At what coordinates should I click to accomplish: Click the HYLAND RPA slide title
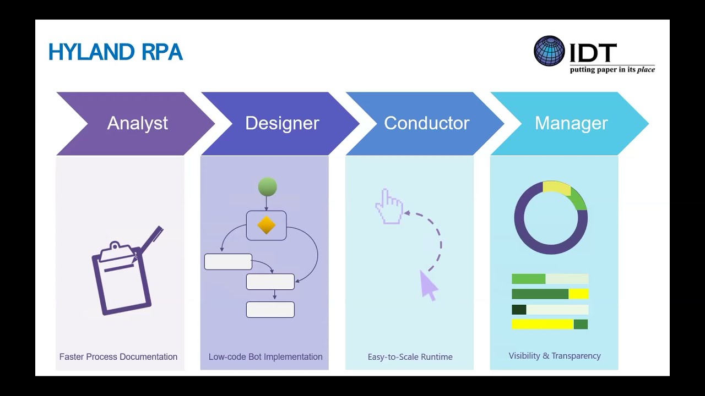[x=115, y=52]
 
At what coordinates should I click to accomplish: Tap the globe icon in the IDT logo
[x=549, y=51]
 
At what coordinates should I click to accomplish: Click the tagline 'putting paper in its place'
[x=612, y=70]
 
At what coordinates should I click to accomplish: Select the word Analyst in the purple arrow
[x=137, y=123]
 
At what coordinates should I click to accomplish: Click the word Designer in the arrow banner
[x=282, y=123]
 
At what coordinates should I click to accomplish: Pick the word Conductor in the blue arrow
[x=426, y=123]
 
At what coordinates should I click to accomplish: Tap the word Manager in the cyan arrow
[x=571, y=123]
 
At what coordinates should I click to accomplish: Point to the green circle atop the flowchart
[x=267, y=187]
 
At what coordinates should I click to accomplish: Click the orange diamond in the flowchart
[x=266, y=225]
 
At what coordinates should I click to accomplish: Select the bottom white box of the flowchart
[x=270, y=310]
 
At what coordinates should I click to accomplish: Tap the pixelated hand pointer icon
[x=389, y=207]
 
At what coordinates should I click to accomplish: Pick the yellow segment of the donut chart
[x=556, y=188]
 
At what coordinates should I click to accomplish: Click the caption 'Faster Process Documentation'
[x=118, y=357]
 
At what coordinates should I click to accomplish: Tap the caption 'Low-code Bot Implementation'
[x=265, y=357]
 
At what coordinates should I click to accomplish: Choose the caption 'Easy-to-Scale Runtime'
[x=410, y=357]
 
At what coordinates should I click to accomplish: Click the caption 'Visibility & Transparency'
[x=555, y=356]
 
